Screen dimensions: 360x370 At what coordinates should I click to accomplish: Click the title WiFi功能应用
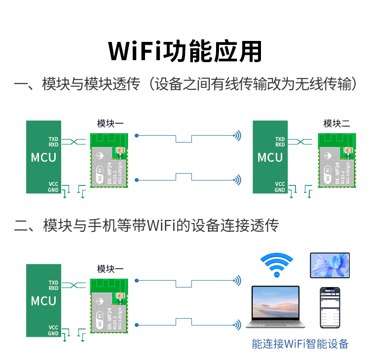(185, 50)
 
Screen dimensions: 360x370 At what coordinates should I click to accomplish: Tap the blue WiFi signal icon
(277, 264)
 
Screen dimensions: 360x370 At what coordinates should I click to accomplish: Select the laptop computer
(275, 307)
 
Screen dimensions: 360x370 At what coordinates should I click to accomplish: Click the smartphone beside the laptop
(330, 307)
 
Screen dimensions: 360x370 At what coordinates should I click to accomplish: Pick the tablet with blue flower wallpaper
(330, 265)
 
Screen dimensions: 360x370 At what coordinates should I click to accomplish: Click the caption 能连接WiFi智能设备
(300, 344)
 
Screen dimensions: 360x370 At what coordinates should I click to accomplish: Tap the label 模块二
(336, 123)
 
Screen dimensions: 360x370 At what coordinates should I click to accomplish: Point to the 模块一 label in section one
(110, 123)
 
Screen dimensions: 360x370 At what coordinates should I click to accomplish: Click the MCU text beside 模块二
(270, 158)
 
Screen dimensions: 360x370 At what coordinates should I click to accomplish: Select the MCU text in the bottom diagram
(43, 301)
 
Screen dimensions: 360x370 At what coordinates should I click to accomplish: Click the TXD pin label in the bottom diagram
(53, 283)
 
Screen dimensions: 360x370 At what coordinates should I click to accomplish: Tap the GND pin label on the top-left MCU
(53, 190)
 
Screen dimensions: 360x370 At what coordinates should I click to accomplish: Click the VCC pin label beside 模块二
(280, 184)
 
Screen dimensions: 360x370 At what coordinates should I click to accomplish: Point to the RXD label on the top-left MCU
(53, 144)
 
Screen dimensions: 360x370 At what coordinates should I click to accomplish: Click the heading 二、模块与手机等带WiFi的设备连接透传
(147, 226)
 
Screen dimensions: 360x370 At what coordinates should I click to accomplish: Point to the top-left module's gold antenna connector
(119, 151)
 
